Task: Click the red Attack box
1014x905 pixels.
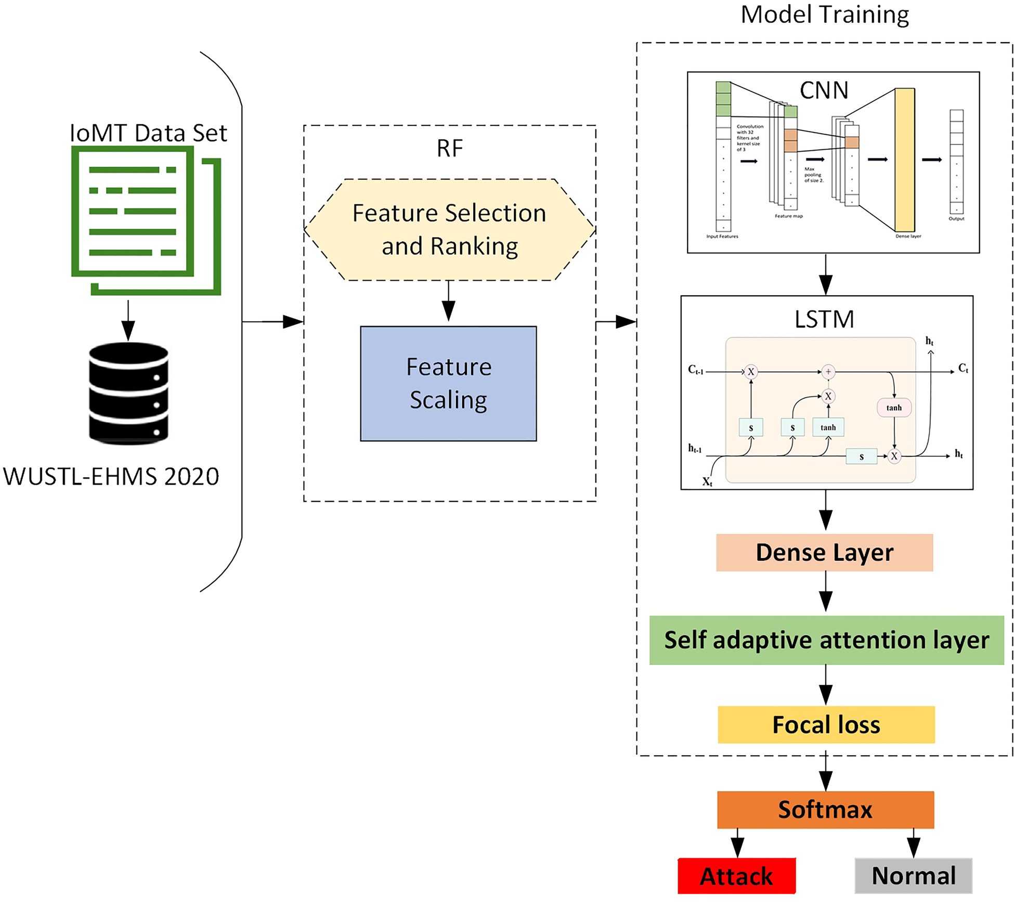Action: click(736, 876)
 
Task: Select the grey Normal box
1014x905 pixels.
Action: click(913, 876)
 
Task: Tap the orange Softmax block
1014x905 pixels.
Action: click(825, 809)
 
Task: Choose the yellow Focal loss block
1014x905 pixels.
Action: click(826, 725)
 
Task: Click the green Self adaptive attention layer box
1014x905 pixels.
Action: click(826, 640)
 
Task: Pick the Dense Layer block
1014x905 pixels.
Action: click(824, 553)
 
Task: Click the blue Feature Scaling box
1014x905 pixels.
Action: click(448, 384)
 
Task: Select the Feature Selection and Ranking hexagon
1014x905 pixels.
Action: click(449, 230)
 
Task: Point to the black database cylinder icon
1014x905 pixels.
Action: click(128, 393)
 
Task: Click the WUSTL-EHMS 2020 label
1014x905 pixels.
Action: click(111, 477)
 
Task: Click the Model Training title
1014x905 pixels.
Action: click(825, 15)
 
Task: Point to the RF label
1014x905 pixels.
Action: click(449, 149)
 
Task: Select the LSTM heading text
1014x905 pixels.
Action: click(824, 319)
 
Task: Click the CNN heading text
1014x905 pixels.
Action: click(824, 90)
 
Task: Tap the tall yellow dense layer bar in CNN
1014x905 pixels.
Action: click(904, 160)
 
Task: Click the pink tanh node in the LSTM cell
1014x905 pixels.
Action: click(894, 408)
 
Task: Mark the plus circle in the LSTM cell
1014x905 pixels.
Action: click(828, 372)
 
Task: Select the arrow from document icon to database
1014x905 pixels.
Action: click(128, 320)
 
